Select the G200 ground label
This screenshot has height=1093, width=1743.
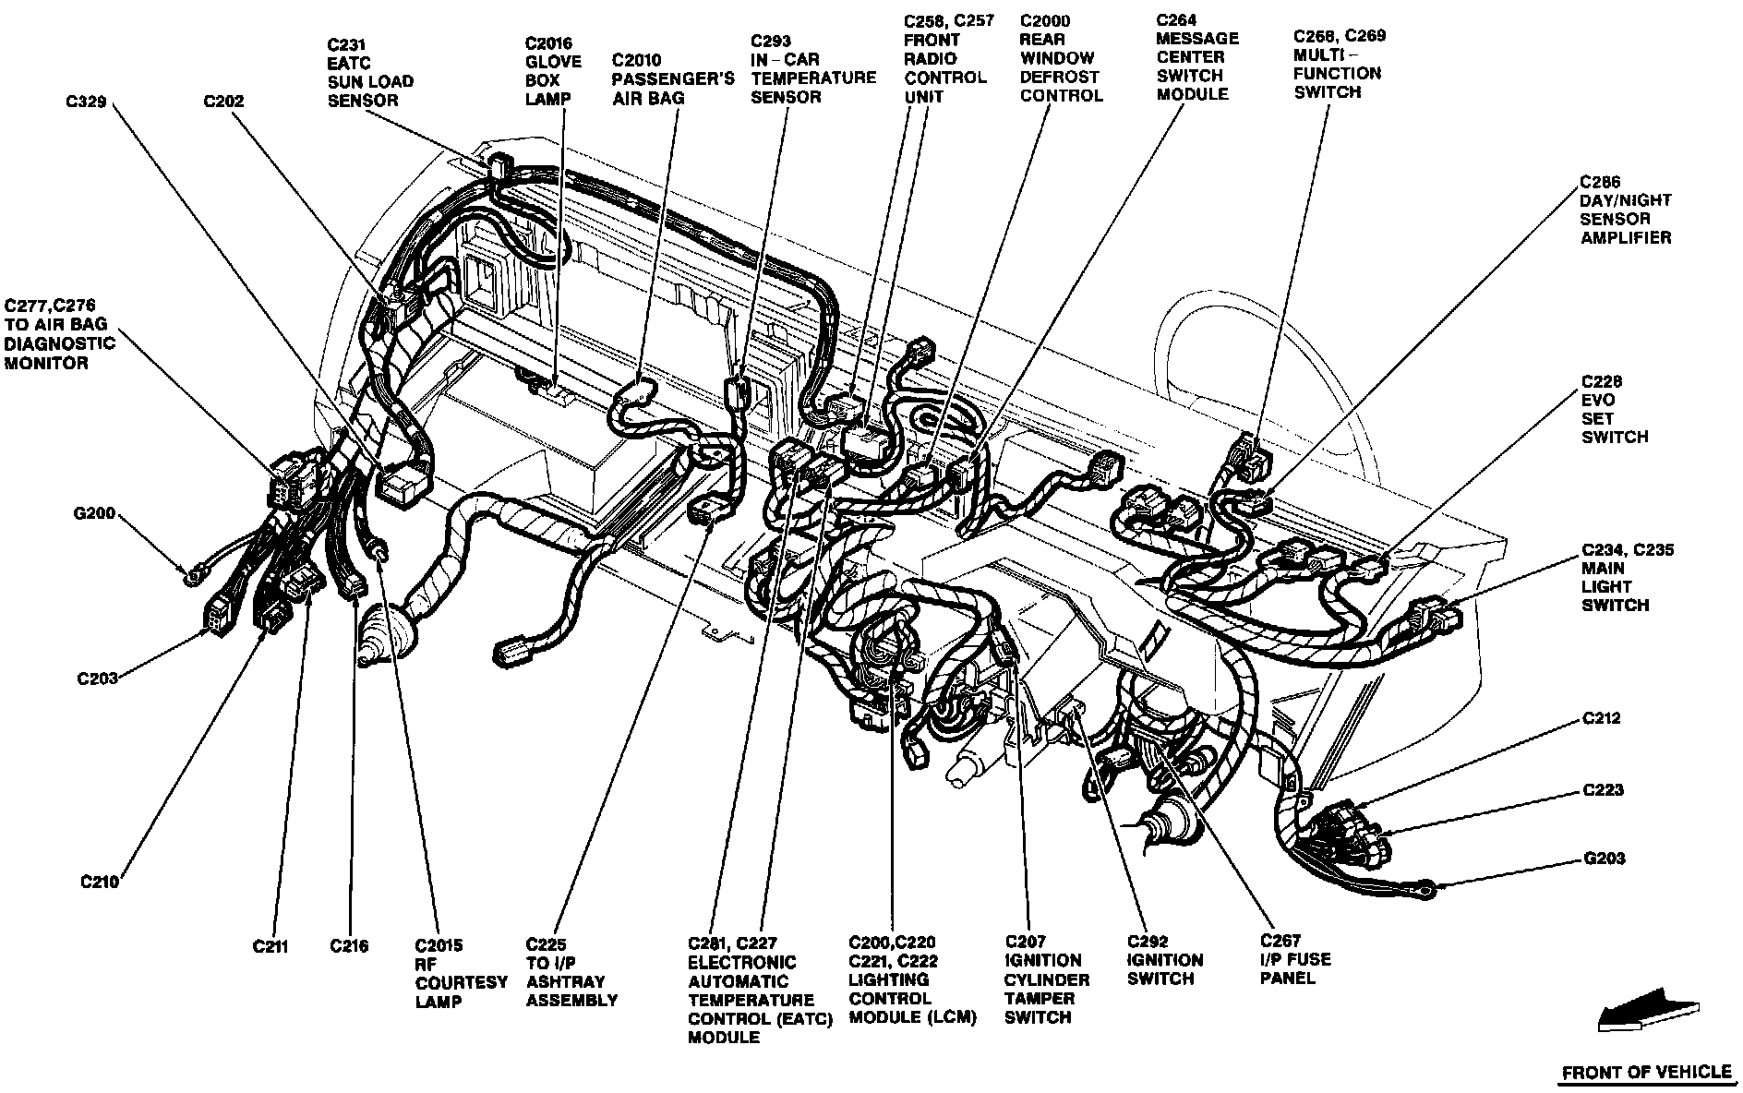94,513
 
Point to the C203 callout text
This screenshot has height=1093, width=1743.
97,679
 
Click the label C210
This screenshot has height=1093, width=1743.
99,882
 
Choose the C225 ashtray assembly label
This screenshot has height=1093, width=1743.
571,972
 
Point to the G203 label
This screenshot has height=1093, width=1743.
1605,859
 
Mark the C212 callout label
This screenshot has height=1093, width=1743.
1602,717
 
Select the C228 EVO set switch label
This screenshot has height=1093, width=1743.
1615,409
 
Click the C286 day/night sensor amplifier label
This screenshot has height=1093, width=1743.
1625,210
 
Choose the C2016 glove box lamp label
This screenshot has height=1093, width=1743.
553,71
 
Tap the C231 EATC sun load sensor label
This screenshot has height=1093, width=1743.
370,72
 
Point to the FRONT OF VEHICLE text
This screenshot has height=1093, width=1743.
1646,1072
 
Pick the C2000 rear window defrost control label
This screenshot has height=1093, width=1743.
1061,57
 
